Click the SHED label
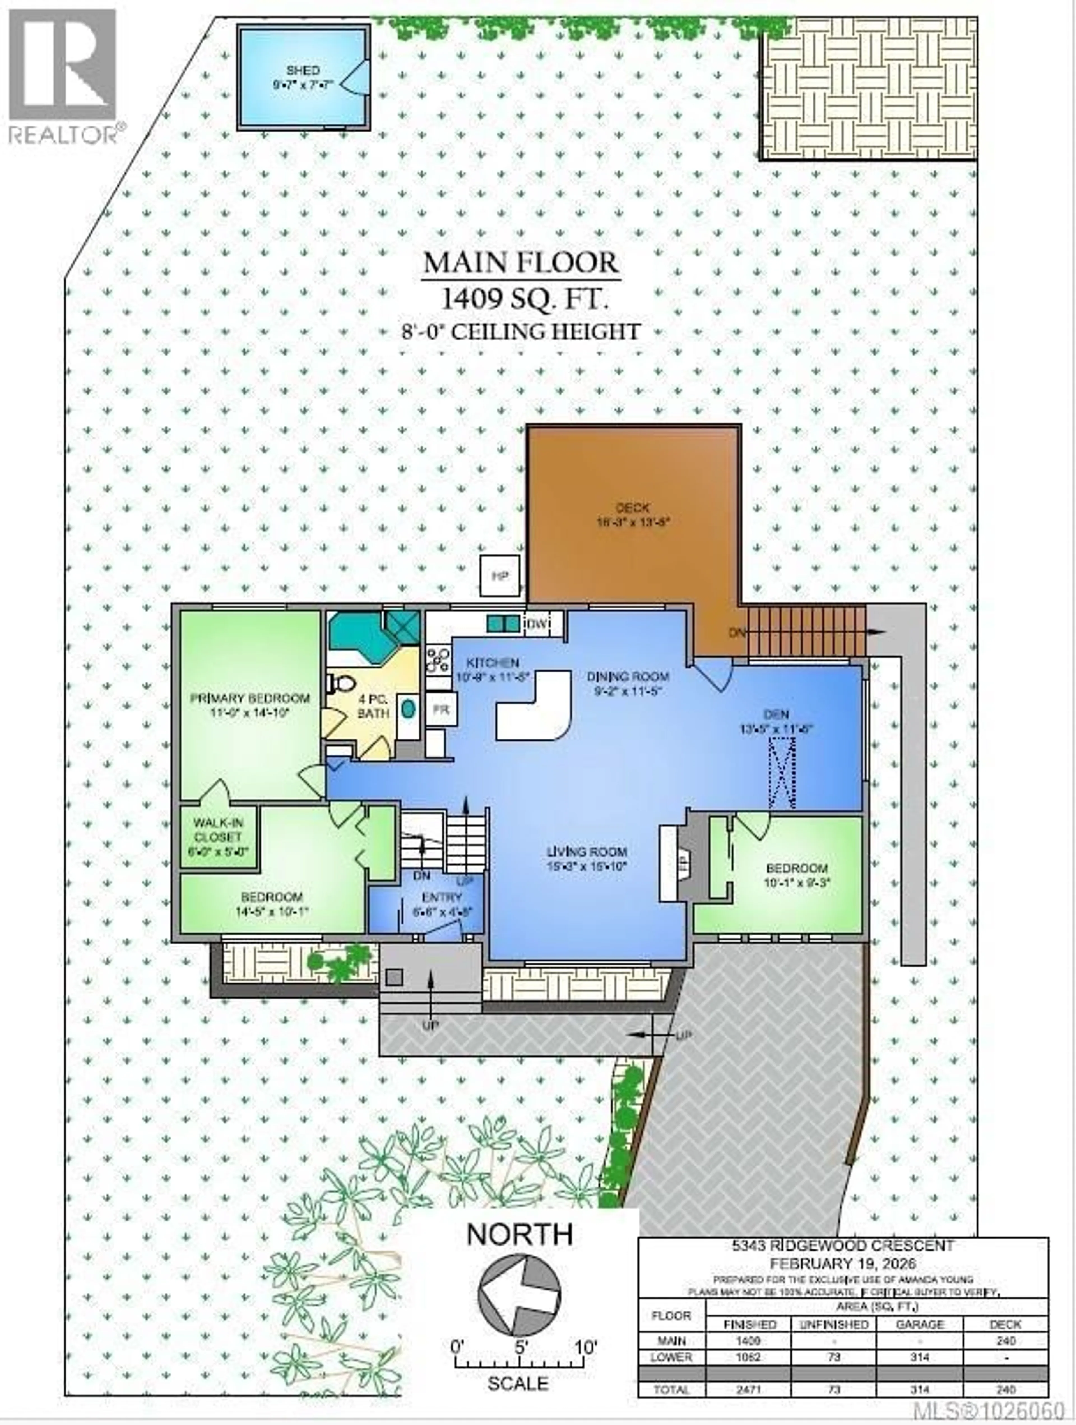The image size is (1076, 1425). coord(303,70)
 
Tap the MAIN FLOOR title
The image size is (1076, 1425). coord(520,263)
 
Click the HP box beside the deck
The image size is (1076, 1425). coord(500,575)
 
